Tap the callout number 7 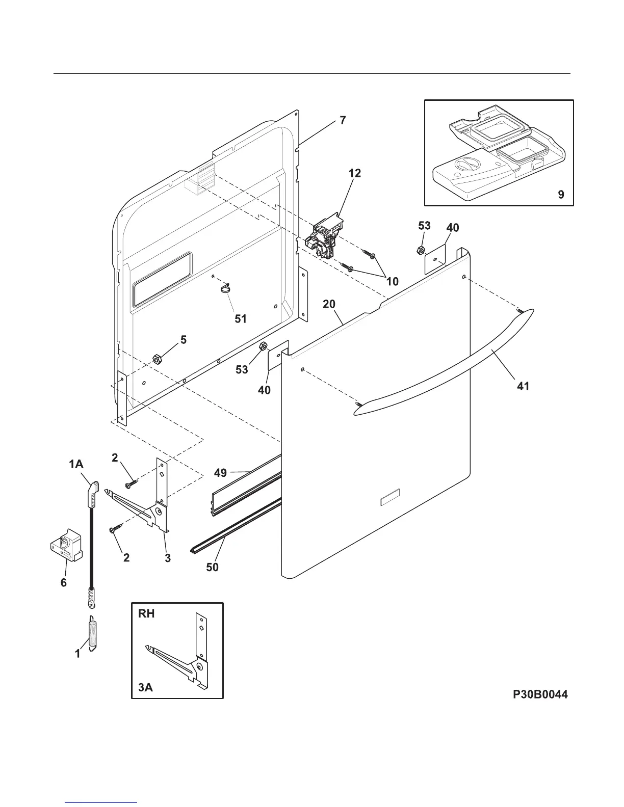pos(343,120)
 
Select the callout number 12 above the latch pos(355,173)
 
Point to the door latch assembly pos(325,236)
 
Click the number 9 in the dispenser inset pos(561,194)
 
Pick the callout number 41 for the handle pos(523,386)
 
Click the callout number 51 pos(241,319)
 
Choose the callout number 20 pos(329,304)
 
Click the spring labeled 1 pos(93,632)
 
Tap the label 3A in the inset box pos(145,687)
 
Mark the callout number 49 pos(220,473)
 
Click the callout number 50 pos(212,567)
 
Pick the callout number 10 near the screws pos(392,281)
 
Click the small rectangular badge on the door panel pos(390,498)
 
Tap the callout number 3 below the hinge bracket pos(168,558)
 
